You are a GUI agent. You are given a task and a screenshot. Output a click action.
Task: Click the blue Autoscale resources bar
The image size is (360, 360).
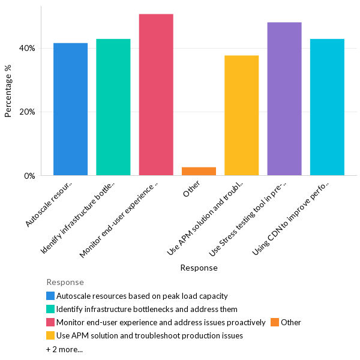coord(70,109)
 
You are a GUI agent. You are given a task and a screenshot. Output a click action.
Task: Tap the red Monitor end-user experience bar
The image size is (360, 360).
coord(156,95)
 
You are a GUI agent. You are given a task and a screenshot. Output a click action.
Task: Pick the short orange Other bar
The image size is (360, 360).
coord(199,171)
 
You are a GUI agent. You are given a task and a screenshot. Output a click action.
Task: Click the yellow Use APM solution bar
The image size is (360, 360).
coord(241,115)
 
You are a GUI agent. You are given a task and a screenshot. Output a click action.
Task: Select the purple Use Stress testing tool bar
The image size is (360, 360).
coord(284,99)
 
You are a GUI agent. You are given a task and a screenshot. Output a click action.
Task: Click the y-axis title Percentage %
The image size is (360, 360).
coord(8,91)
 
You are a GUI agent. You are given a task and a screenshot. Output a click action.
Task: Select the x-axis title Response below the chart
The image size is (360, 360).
coord(199,268)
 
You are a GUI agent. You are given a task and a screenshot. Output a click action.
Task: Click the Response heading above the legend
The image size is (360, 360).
coord(65,282)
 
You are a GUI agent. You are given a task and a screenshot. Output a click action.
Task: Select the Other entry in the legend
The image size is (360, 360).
coord(290,322)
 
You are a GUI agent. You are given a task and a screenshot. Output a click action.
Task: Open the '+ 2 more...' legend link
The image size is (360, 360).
coord(64,349)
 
